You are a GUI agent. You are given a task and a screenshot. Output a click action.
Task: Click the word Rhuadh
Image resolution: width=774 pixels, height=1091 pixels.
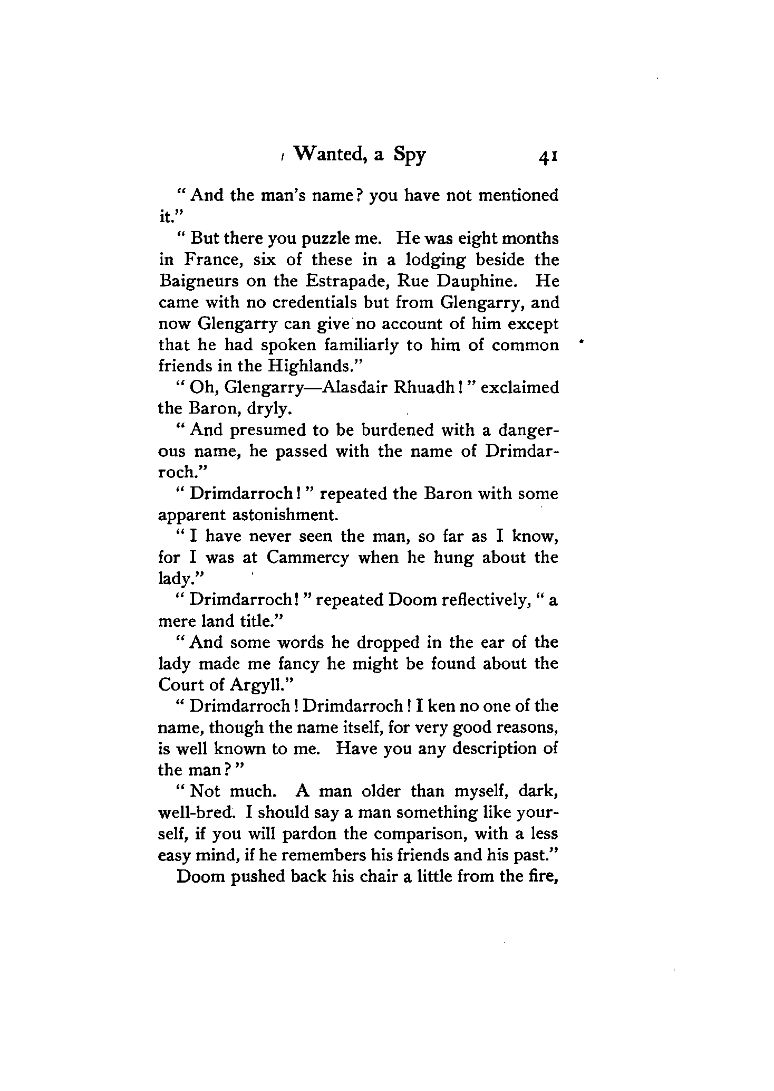coord(424,388)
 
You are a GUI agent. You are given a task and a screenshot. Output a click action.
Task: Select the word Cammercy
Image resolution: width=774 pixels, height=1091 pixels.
coord(307,558)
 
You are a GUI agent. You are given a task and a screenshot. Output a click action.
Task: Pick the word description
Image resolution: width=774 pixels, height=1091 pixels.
coord(484,749)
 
